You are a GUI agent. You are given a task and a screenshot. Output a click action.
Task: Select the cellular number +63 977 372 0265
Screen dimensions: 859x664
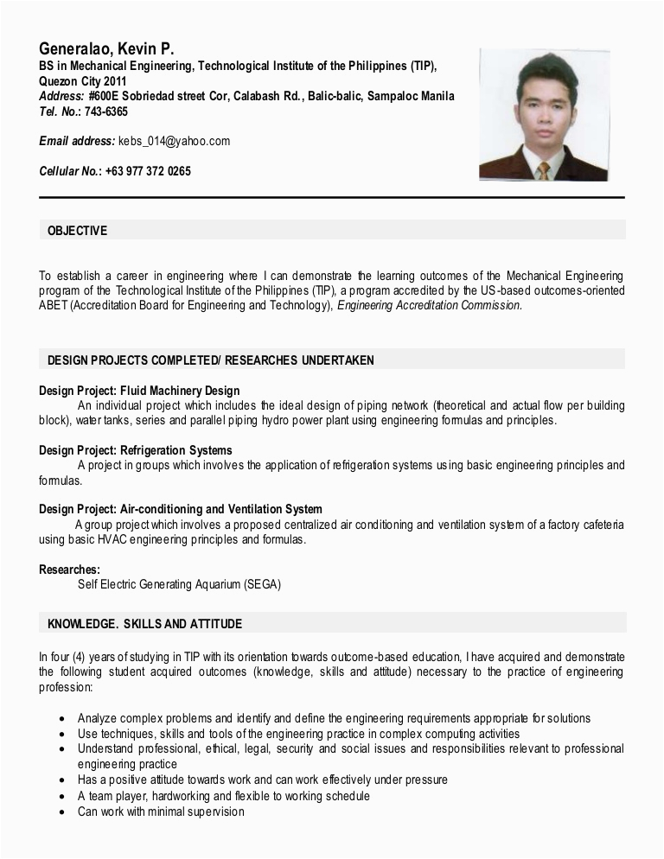pos(148,171)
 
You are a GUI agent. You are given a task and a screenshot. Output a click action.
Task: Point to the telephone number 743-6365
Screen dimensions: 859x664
pos(107,111)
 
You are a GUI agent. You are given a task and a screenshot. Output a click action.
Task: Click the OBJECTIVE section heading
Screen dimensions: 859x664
pos(77,231)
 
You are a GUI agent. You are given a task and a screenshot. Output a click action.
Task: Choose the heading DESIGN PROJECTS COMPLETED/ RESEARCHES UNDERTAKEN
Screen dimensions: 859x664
pos(210,360)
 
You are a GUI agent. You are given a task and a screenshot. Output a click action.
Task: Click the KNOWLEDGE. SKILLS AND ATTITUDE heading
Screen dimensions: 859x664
pos(144,624)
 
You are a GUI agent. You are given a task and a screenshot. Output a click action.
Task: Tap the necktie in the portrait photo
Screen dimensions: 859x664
pos(543,169)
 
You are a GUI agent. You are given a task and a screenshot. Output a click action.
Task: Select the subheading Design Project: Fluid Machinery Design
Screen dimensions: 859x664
pos(139,391)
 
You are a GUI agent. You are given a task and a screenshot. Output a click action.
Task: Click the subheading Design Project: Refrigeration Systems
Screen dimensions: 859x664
pos(136,450)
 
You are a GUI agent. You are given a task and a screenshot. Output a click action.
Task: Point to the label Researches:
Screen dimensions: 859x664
pos(69,569)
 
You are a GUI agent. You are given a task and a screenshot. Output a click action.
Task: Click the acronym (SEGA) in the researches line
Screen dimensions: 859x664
pos(262,584)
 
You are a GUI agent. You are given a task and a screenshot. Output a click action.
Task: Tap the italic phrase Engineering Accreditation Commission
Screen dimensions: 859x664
pos(430,305)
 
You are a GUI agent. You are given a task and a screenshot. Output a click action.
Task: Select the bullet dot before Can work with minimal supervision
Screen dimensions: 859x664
pos(62,813)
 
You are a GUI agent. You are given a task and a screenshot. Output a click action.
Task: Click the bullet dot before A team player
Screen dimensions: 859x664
pos(62,797)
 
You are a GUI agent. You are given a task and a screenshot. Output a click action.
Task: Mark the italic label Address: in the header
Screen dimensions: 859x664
pos(61,96)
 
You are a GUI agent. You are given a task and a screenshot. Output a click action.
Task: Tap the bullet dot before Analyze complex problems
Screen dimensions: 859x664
pos(62,719)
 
